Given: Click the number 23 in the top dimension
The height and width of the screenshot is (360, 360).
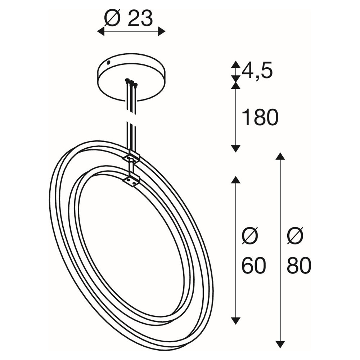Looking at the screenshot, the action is coord(140,18).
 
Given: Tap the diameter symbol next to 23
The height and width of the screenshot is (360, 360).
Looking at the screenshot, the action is coord(113,18).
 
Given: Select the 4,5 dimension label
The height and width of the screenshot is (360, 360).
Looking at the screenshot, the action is coord(257,71).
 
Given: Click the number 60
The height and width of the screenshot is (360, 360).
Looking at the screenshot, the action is coord(254,265).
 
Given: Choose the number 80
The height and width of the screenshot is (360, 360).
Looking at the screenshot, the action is coord(299,265).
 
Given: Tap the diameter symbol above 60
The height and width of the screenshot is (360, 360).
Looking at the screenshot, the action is coord(250,236).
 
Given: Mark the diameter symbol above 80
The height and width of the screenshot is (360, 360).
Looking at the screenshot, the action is coord(295,236).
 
